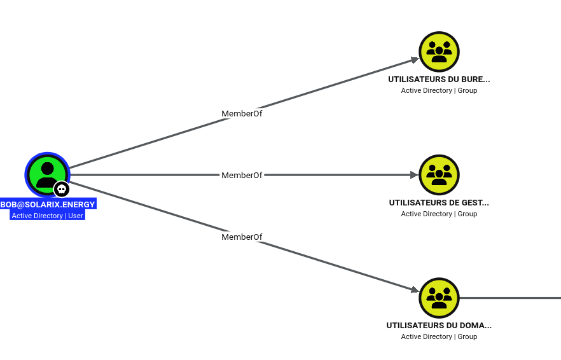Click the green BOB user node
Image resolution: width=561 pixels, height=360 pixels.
[x=47, y=175]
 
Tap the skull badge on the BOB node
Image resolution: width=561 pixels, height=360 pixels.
[x=62, y=189]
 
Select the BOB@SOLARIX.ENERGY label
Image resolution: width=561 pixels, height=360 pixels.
[x=48, y=204]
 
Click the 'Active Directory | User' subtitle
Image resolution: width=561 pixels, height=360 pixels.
[x=47, y=216]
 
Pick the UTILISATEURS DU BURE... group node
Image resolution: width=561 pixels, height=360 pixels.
[x=439, y=52]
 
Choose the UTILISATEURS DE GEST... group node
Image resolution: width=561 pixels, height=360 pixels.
[x=439, y=175]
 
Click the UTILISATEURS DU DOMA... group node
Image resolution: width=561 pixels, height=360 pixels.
[x=439, y=298]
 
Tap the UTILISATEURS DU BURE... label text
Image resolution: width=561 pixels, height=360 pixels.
[x=439, y=79]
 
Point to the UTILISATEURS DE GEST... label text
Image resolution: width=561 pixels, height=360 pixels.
[x=439, y=202]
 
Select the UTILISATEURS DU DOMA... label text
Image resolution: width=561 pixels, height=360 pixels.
[x=439, y=325]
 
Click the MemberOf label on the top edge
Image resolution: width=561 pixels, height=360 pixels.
[x=242, y=113]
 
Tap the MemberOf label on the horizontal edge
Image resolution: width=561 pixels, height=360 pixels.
[x=242, y=176]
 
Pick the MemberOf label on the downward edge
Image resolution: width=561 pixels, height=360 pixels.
[x=242, y=237]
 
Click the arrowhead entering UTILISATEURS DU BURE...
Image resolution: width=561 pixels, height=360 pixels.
[x=415, y=60]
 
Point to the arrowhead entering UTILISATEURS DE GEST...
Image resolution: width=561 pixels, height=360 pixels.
[x=414, y=175]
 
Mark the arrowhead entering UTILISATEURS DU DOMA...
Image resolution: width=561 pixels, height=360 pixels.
[x=415, y=290]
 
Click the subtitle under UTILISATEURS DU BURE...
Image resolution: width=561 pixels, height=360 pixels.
[x=439, y=90]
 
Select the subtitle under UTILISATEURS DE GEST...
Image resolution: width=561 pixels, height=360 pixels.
[x=439, y=214]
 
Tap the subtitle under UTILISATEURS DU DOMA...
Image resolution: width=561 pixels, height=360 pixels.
[x=439, y=336]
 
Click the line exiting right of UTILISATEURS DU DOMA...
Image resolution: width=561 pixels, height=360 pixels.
[x=510, y=298]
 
